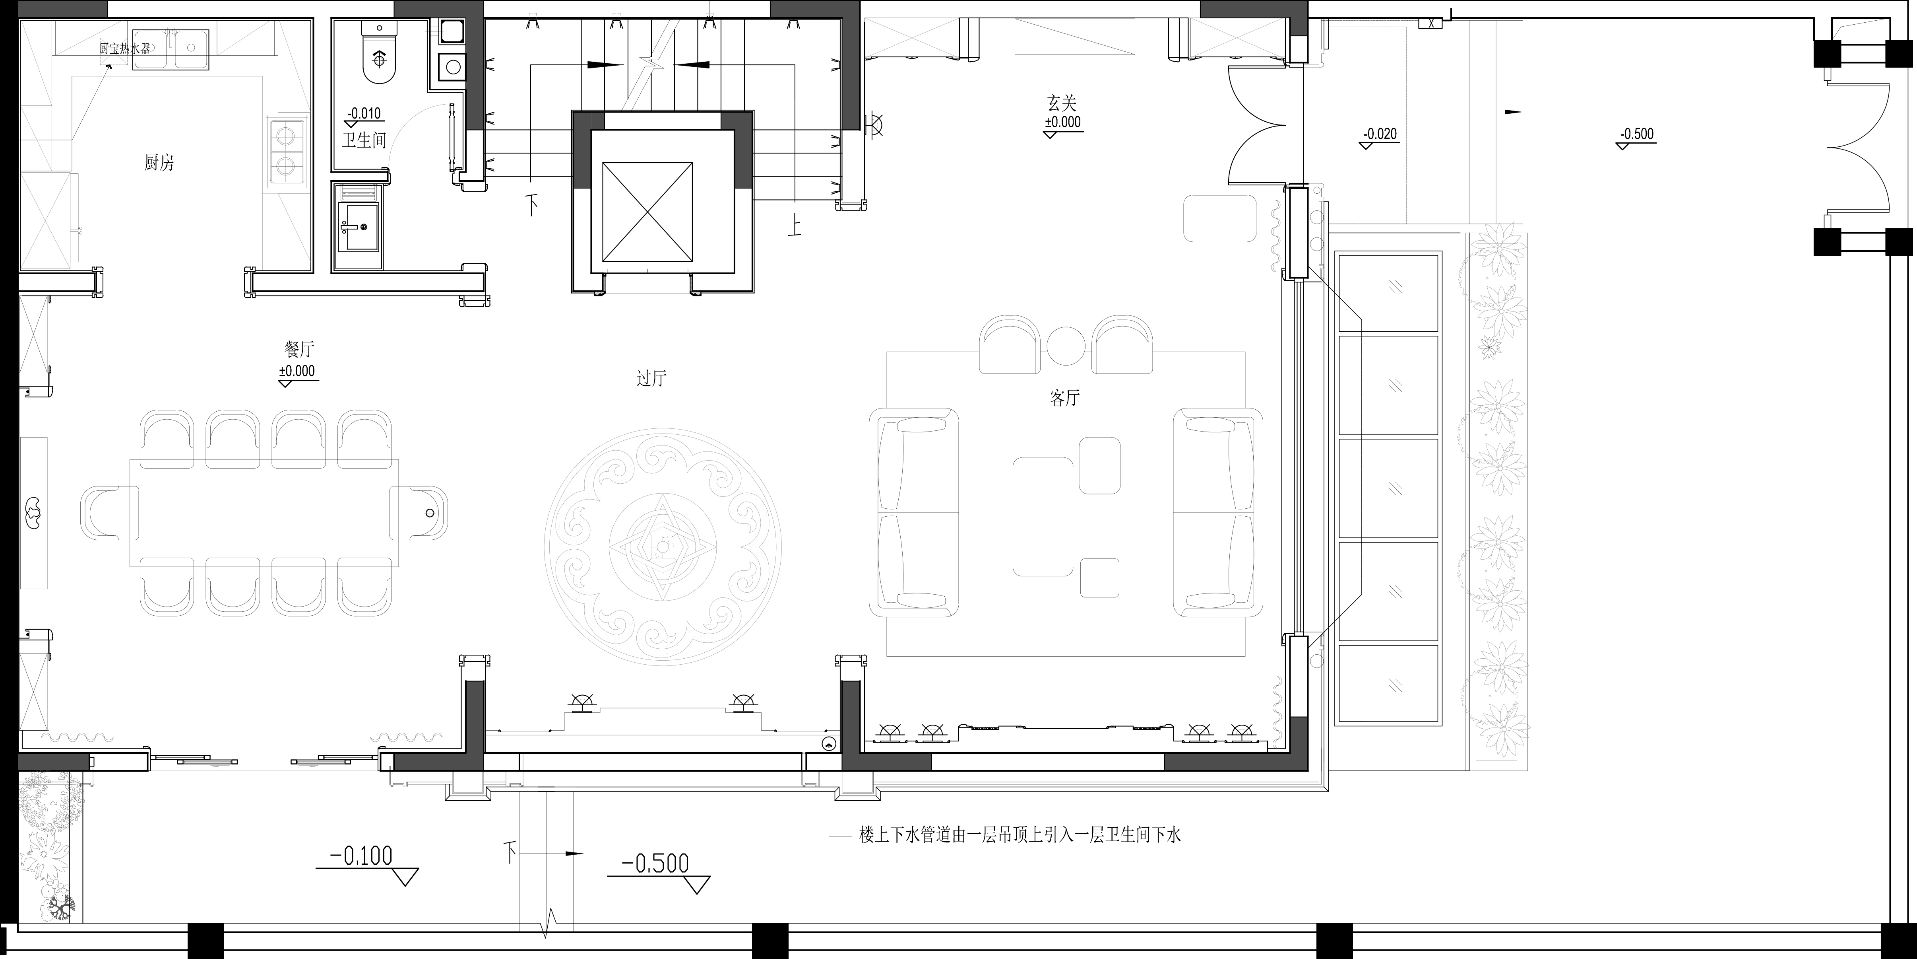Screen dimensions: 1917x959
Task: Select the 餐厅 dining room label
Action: pos(299,348)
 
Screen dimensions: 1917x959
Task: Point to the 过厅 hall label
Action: pos(651,378)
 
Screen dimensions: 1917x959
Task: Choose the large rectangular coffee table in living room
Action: pos(1043,516)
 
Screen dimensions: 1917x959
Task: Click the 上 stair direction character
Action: pos(795,225)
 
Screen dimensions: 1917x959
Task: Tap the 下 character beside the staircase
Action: pos(532,204)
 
